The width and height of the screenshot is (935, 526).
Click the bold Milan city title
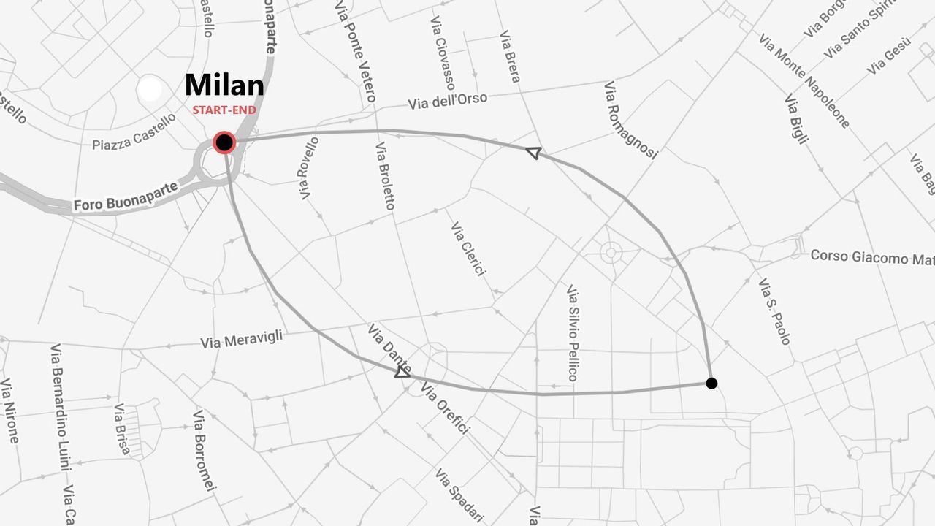(x=224, y=85)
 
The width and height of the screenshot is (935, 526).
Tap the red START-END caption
(x=224, y=110)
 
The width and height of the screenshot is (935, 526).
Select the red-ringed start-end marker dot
(x=224, y=142)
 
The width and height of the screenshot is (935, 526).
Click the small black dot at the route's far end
(x=711, y=383)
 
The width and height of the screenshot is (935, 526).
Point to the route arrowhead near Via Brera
(x=533, y=152)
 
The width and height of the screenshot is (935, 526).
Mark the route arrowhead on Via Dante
(x=402, y=372)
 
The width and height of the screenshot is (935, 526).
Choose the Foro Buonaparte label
(x=126, y=197)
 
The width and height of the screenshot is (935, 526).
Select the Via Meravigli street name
(x=241, y=340)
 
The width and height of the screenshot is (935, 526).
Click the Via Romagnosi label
(x=630, y=120)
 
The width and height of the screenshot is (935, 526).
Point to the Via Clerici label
(x=467, y=248)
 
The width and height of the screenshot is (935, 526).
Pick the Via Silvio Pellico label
(x=573, y=333)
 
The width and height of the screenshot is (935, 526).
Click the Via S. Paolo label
(x=774, y=311)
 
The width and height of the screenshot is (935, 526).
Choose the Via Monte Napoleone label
(x=804, y=80)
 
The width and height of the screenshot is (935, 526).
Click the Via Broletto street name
(x=385, y=176)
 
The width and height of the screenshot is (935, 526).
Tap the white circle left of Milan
(x=150, y=88)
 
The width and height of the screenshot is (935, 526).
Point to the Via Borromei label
(x=204, y=450)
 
